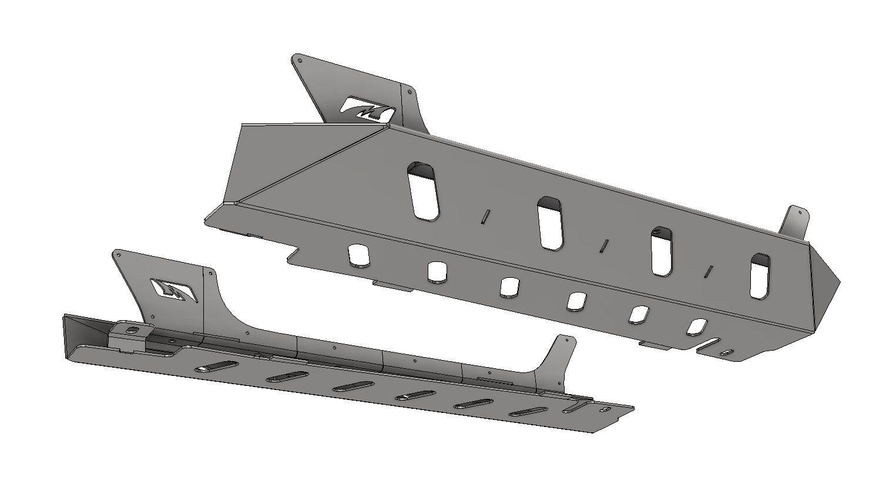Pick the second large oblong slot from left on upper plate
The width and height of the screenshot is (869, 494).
pyautogui.click(x=551, y=223)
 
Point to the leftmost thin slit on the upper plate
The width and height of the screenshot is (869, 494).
pyautogui.click(x=485, y=216)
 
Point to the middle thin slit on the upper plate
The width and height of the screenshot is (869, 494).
pyautogui.click(x=603, y=246)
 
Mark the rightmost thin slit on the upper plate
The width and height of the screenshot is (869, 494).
pyautogui.click(x=709, y=271)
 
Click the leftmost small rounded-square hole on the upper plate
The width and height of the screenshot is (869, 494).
pyautogui.click(x=357, y=254)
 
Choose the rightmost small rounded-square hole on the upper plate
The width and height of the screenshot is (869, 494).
pyautogui.click(x=697, y=327)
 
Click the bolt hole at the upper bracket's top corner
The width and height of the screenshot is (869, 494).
pyautogui.click(x=300, y=60)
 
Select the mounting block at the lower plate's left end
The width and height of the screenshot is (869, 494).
pyautogui.click(x=127, y=337)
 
